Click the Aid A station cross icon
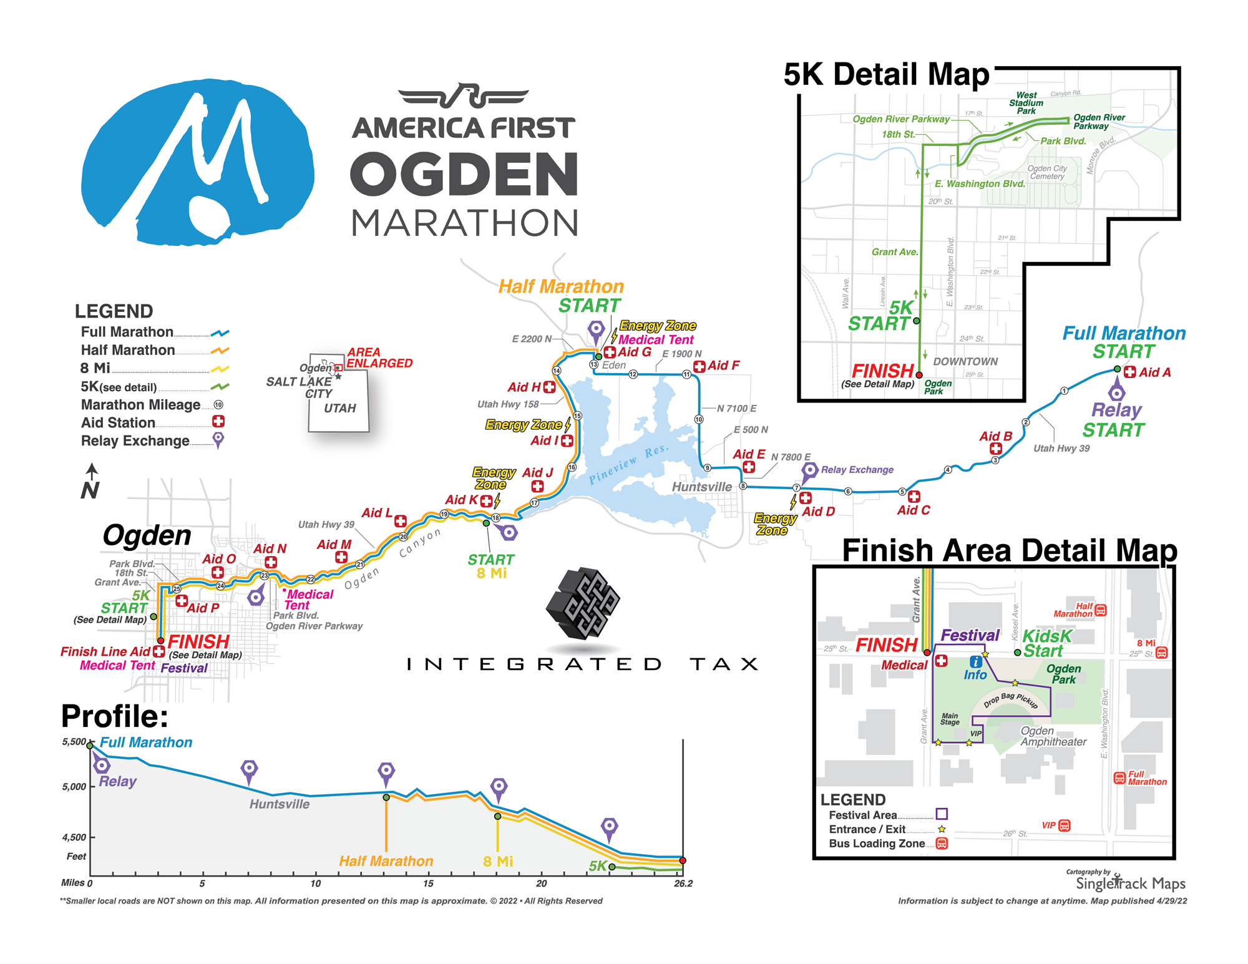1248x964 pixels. point(1129,372)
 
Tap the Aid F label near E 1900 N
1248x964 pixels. point(723,366)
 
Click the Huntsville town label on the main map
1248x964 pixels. point(702,487)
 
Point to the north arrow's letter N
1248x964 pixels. point(90,490)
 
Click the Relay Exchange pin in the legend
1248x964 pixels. point(218,440)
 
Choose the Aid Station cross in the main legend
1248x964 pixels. point(218,422)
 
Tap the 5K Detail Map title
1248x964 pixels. point(886,75)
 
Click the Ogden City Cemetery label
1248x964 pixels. point(1047,173)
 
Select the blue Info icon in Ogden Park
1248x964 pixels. point(975,662)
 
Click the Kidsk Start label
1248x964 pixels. point(1046,643)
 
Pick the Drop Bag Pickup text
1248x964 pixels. point(1010,699)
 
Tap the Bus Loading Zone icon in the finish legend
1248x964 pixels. point(942,844)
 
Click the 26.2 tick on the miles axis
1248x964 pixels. point(683,883)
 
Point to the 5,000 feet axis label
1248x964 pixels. point(74,786)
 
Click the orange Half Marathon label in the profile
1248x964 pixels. point(386,861)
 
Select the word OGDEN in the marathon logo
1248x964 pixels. point(464,175)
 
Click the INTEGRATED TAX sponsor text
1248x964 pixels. point(582,664)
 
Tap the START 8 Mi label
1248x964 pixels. point(491,566)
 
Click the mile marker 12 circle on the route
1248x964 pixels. point(633,374)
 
